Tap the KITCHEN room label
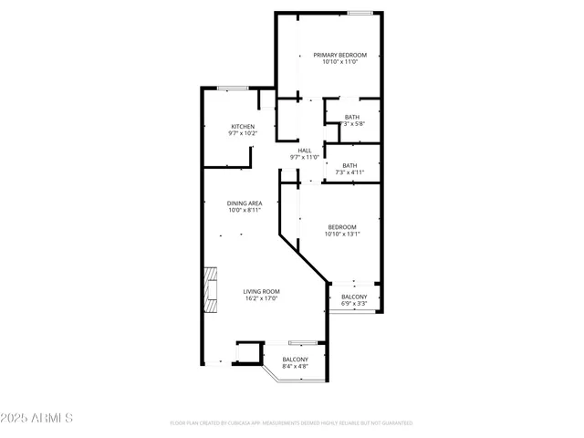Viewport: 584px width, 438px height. tap(242, 126)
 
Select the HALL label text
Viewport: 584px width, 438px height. tap(304, 151)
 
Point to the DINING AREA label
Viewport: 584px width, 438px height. tap(245, 203)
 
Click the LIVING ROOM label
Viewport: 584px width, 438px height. tap(260, 290)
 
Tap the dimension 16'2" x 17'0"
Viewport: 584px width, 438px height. tap(260, 298)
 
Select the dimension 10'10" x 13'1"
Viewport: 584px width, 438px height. tap(342, 235)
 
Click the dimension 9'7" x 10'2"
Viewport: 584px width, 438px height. tap(242, 134)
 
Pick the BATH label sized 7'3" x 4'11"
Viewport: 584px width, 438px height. tap(349, 165)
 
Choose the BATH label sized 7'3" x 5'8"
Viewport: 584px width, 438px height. tap(352, 117)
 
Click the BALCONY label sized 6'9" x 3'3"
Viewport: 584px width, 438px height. tap(354, 297)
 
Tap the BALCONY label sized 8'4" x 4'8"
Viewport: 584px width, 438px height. tap(295, 360)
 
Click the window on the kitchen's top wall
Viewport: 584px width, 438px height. tap(232, 88)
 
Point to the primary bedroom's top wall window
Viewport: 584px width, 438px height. tap(360, 13)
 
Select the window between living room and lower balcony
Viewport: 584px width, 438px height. tap(301, 341)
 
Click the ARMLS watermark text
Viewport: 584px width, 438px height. tap(51, 418)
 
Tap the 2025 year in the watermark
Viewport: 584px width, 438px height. tap(16, 418)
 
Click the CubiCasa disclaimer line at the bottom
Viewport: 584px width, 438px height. tap(291, 423)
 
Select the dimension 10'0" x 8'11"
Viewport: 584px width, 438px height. tap(245, 211)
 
